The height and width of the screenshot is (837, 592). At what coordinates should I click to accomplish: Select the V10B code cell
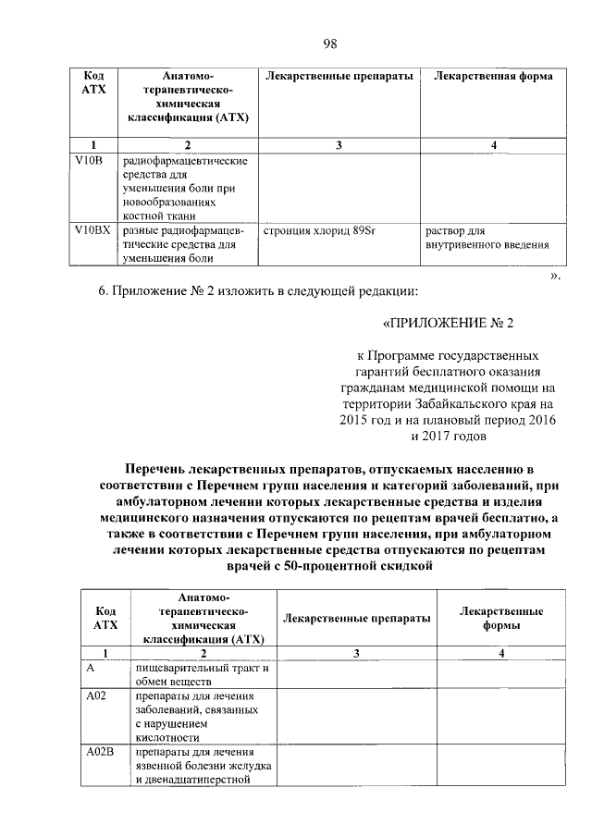click(88, 161)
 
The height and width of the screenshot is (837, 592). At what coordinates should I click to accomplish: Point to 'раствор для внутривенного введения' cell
click(487, 238)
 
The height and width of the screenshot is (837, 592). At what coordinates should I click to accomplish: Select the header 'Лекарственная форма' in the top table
click(493, 76)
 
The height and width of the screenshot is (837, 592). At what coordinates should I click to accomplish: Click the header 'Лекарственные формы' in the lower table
click(501, 618)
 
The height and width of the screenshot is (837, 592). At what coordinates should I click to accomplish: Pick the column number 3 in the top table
click(339, 144)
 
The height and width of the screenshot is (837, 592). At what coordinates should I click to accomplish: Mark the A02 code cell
click(93, 695)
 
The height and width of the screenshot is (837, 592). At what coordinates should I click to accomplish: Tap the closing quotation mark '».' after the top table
click(554, 275)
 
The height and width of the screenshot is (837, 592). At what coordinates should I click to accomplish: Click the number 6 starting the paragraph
click(103, 291)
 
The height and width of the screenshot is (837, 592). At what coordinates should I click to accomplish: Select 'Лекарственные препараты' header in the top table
click(339, 76)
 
